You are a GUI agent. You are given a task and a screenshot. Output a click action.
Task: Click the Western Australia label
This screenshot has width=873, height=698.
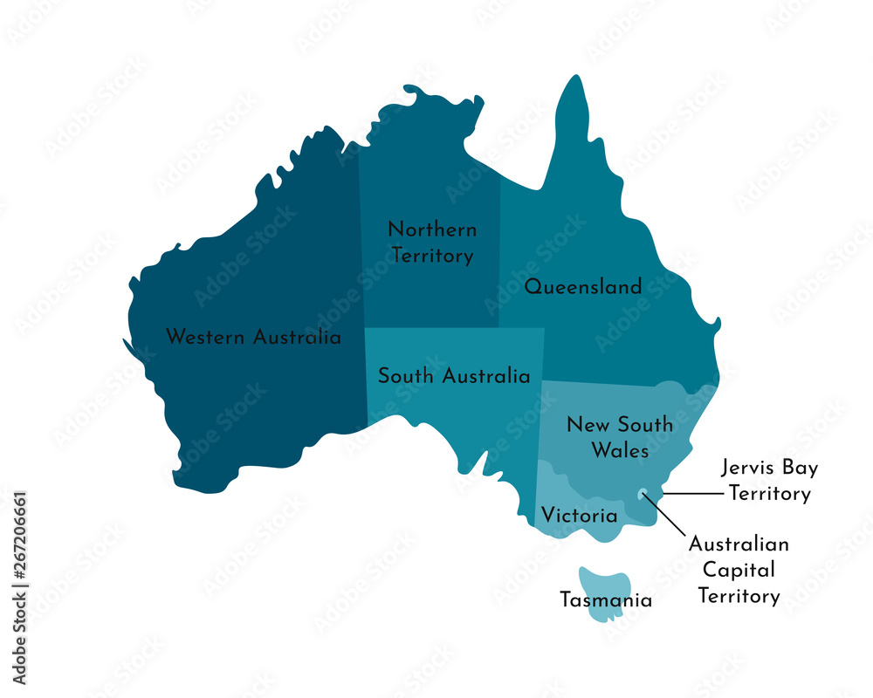253,337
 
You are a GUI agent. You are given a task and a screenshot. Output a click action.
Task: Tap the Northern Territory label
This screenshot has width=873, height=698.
432,243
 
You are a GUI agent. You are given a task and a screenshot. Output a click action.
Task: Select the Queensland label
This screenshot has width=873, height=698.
582,287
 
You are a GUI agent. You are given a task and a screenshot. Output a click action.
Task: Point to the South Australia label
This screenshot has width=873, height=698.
453,377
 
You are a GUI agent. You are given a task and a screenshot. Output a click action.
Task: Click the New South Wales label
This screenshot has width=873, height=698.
620,437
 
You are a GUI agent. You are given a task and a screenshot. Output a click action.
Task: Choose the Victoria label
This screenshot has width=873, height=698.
579,516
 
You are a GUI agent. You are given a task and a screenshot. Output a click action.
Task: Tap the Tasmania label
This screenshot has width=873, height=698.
606,600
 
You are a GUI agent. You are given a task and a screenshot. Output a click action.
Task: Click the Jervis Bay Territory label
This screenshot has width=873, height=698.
769,481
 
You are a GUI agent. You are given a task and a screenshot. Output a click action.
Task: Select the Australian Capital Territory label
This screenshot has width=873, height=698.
739,571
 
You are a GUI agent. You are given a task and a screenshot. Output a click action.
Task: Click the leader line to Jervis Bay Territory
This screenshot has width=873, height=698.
694,494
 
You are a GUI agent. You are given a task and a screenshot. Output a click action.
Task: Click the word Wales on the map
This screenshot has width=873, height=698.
620,451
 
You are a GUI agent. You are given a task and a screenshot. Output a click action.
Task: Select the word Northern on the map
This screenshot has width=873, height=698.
432,230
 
